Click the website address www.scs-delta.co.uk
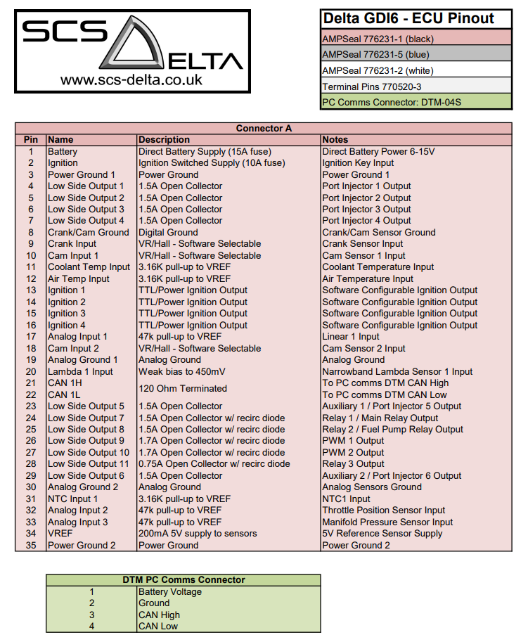click(x=131, y=79)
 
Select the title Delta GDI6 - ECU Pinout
click(x=408, y=18)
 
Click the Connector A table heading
click(x=264, y=128)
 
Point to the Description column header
click(x=165, y=140)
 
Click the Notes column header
click(x=335, y=140)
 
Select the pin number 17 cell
click(x=31, y=337)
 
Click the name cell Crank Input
click(x=72, y=244)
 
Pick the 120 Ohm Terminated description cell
click(x=183, y=389)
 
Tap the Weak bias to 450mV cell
click(x=182, y=371)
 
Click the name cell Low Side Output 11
click(x=89, y=464)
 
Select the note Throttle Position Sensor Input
click(x=384, y=511)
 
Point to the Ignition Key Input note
click(x=358, y=163)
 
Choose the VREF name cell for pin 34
click(x=60, y=534)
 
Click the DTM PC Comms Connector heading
click(x=183, y=580)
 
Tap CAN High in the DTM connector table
click(x=160, y=615)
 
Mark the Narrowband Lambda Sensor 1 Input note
click(x=397, y=371)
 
